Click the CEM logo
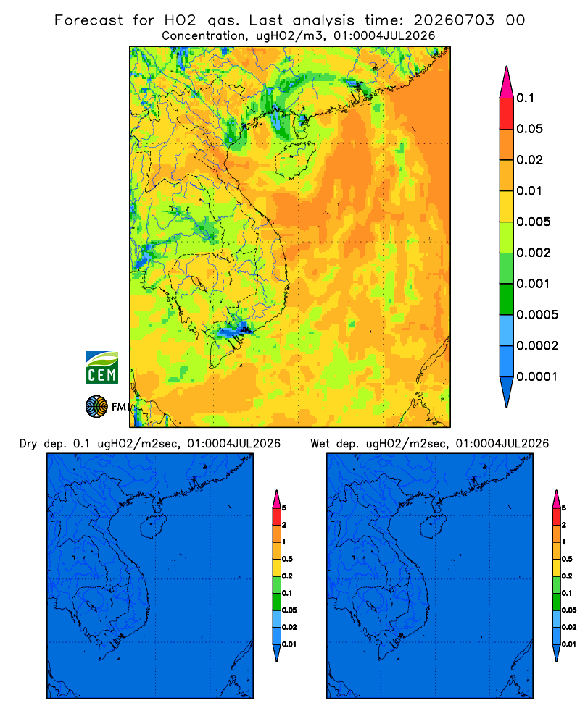point(101,367)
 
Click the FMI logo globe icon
point(96,407)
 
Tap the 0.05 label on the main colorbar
point(529,129)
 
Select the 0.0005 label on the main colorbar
point(537,315)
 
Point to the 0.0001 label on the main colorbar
point(537,376)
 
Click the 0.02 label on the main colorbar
point(529,160)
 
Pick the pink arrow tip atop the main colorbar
point(507,82)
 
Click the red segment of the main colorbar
point(507,114)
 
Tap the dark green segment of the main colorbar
point(507,299)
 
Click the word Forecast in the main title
point(88,20)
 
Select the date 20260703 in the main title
point(454,20)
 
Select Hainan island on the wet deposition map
point(434,526)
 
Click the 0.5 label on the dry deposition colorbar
point(287,559)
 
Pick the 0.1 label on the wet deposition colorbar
point(566,594)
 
